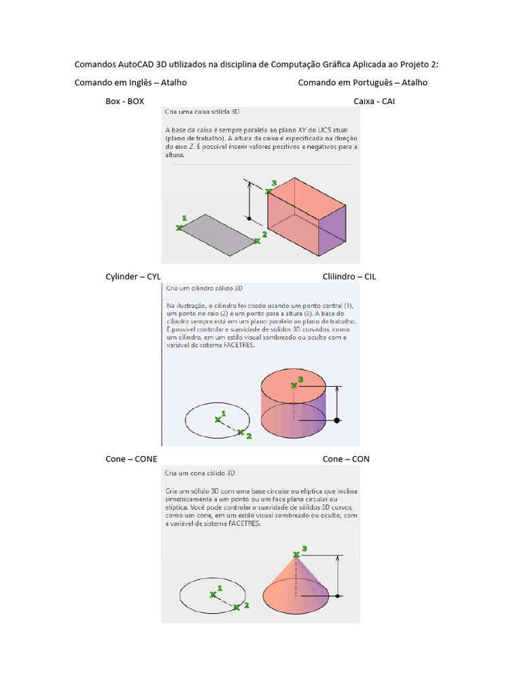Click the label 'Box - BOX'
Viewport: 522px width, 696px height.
coord(124,101)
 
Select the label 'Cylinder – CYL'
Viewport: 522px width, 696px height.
coord(133,277)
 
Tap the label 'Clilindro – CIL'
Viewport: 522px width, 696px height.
coord(349,277)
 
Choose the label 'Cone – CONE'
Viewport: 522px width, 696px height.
coord(131,459)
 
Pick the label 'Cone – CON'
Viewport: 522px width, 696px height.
coord(346,459)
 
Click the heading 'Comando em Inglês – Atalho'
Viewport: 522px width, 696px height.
coord(130,82)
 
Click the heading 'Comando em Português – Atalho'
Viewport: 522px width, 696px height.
coord(363,82)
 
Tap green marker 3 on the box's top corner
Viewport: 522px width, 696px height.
coord(268,192)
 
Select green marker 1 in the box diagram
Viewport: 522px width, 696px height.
coord(179,227)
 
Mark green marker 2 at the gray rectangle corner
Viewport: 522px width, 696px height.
coord(257,240)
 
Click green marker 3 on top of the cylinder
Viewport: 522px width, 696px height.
coord(294,385)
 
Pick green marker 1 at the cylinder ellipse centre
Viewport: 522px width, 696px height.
coord(218,419)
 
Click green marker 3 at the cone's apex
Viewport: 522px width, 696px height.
coord(296,555)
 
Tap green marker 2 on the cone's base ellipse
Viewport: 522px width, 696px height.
coord(237,608)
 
